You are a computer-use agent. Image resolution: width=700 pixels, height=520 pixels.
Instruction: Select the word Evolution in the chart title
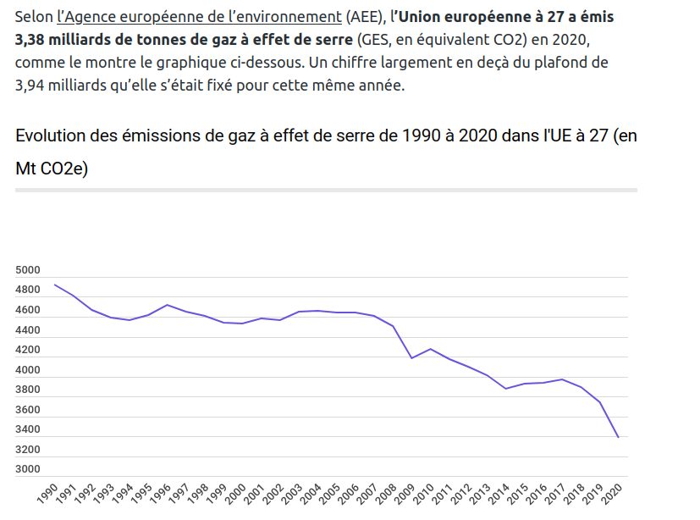(x=58, y=136)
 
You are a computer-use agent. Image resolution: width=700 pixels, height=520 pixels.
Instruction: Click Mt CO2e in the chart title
(x=52, y=169)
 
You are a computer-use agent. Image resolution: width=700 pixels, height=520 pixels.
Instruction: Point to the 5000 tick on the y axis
(x=28, y=270)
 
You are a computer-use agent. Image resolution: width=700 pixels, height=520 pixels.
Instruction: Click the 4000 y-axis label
(x=28, y=370)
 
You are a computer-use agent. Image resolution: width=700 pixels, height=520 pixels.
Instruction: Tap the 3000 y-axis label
(x=28, y=469)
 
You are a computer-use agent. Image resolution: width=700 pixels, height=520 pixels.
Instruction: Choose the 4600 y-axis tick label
(x=28, y=310)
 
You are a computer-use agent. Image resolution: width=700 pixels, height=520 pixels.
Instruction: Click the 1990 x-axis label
(x=49, y=495)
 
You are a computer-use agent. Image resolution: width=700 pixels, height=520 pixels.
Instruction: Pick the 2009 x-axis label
(x=406, y=495)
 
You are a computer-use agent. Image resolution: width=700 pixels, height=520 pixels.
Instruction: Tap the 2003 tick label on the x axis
(x=294, y=495)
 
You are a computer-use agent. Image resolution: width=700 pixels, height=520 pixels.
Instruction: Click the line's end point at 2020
(x=619, y=437)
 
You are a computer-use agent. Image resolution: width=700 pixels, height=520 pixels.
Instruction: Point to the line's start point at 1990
(x=54, y=285)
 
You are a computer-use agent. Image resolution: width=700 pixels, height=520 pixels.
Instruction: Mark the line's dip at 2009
(x=411, y=358)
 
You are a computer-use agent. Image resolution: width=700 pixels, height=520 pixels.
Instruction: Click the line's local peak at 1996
(x=168, y=305)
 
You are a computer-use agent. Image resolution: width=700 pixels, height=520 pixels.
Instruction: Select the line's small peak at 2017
(x=562, y=379)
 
